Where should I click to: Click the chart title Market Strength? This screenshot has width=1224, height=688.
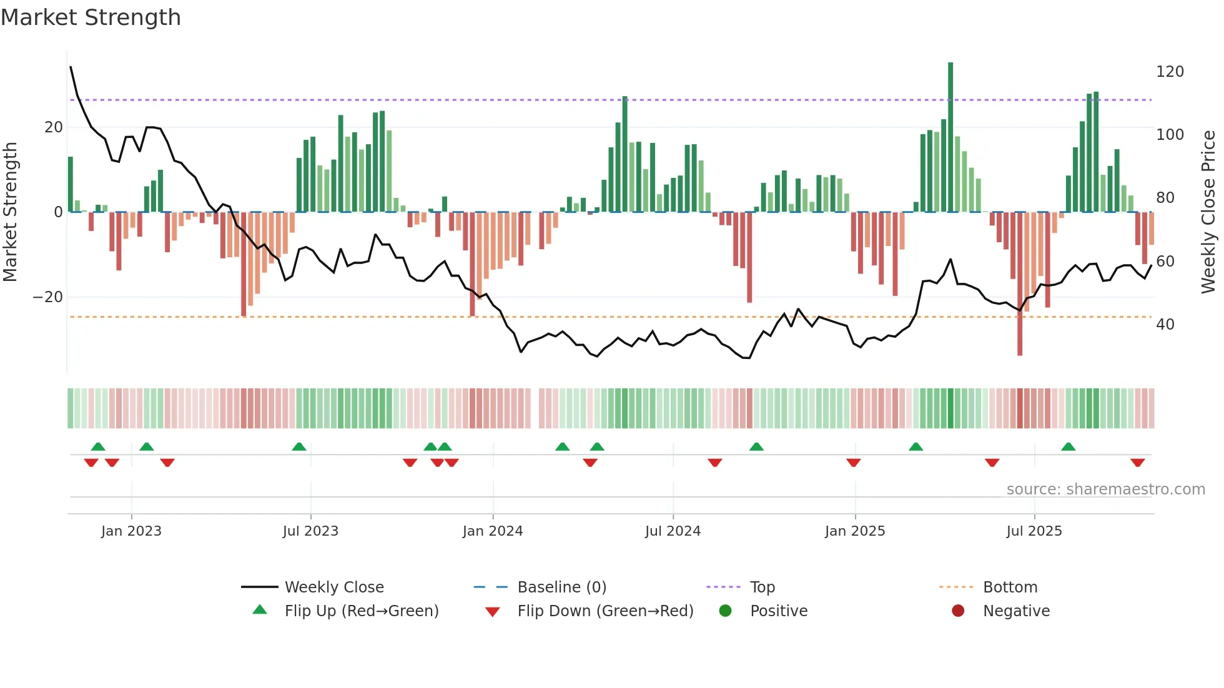pos(91,17)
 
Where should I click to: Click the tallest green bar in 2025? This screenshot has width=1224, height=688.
pos(950,137)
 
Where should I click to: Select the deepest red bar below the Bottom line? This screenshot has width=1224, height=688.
pos(1020,284)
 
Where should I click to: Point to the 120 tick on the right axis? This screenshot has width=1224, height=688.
pos(1169,72)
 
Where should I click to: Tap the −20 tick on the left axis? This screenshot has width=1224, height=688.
pos(48,297)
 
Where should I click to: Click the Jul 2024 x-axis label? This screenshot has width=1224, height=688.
pos(673,531)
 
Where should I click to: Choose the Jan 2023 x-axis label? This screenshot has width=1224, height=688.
pos(131,531)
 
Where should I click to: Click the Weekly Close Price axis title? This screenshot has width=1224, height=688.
pos(1209,212)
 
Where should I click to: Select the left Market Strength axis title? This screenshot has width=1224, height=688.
pos(11,212)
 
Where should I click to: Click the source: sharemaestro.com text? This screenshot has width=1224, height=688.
pos(1105,489)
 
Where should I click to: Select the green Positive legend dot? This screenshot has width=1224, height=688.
pos(725,611)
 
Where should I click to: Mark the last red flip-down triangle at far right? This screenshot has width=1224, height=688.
pos(1137,463)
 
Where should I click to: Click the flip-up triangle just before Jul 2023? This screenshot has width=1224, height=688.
pos(299,447)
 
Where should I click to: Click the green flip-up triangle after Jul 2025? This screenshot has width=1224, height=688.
pos(1069,447)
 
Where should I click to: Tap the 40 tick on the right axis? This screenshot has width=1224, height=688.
pos(1165,325)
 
